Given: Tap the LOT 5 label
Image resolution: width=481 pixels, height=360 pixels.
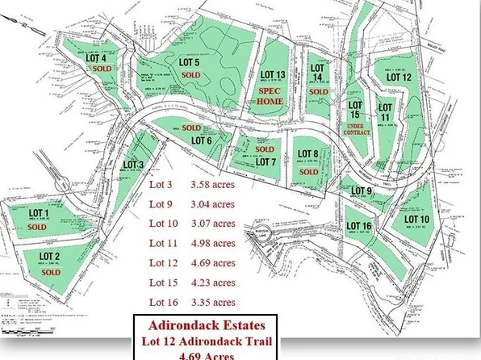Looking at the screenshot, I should (x=190, y=62).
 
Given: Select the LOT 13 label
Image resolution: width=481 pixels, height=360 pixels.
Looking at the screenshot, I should (x=271, y=75).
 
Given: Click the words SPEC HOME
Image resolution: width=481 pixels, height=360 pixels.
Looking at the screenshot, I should (x=270, y=97).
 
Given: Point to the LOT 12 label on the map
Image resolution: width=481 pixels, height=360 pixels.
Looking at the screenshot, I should (x=398, y=77).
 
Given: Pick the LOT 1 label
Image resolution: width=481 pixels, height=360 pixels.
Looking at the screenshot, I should (x=40, y=213).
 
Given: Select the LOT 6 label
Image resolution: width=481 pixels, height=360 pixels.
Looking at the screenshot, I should (x=201, y=140).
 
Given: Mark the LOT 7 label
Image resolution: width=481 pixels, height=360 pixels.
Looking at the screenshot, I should (x=266, y=161).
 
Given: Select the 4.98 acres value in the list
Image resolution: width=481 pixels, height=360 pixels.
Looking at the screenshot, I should (x=212, y=243).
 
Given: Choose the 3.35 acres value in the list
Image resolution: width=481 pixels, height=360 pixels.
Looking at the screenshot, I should (x=212, y=302).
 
